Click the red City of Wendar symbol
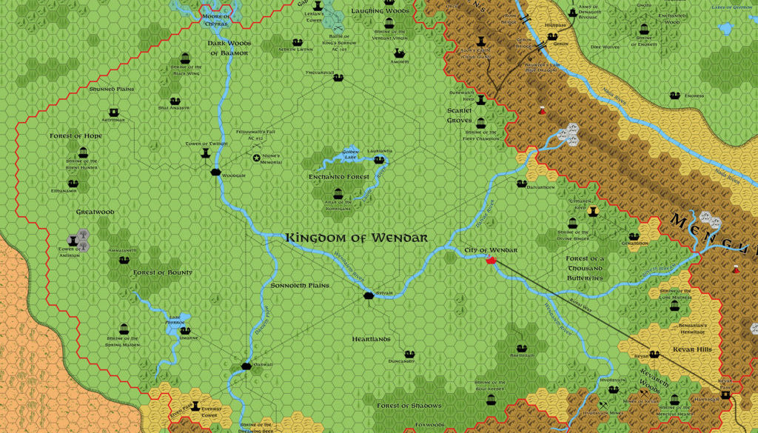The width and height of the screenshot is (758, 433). click(x=490, y=260)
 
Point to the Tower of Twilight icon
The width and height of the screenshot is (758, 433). click(x=206, y=152)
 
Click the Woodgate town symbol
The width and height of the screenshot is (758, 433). click(x=215, y=172)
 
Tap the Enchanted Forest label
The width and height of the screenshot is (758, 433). click(x=338, y=178)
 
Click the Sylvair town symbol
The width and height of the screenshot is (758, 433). click(x=369, y=295)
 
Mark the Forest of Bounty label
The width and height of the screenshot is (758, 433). click(x=163, y=272)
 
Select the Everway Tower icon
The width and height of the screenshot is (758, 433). click(x=195, y=406)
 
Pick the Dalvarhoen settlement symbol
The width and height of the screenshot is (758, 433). click(x=521, y=184)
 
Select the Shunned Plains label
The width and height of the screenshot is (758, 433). click(x=112, y=89)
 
